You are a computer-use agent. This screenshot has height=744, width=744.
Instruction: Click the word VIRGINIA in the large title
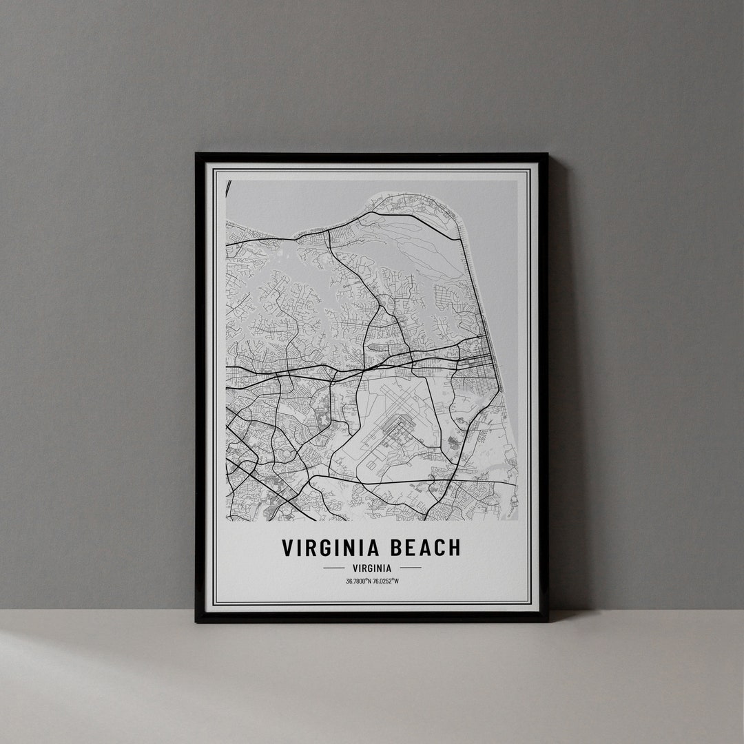(x=331, y=548)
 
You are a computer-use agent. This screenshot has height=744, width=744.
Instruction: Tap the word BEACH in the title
(x=422, y=548)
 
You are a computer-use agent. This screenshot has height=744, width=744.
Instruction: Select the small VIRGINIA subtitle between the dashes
(x=371, y=568)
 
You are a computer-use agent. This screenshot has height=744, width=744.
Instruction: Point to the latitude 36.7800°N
(x=358, y=581)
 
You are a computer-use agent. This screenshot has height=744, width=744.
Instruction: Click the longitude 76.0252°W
(x=386, y=581)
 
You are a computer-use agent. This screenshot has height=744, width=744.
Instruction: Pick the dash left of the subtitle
(x=333, y=568)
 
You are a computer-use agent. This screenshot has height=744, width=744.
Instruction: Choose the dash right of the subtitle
(x=410, y=568)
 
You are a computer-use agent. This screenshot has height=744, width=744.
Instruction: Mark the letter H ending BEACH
(x=453, y=548)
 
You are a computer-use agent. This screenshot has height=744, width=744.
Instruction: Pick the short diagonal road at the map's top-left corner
(x=228, y=192)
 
